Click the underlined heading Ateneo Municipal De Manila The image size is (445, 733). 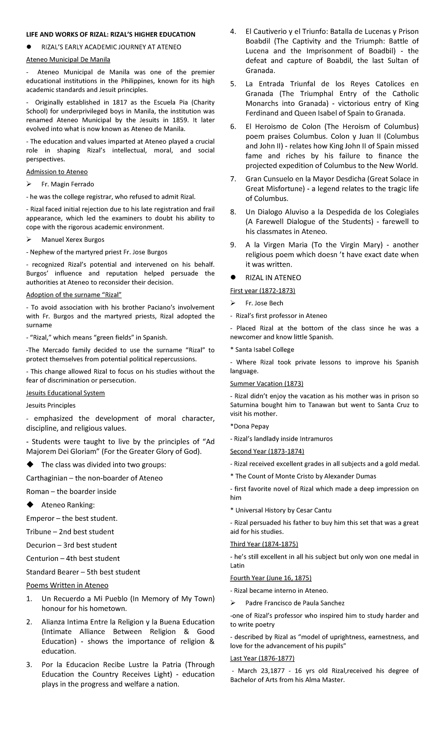[68, 59]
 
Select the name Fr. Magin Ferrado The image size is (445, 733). [67, 184]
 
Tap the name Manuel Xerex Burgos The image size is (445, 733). [73, 240]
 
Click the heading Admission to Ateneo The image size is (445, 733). [57, 172]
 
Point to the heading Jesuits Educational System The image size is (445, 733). [65, 393]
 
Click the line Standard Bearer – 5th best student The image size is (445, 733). [83, 572]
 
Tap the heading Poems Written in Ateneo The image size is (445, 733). [67, 585]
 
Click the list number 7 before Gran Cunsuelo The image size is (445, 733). [233, 179]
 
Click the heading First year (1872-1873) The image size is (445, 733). [263, 291]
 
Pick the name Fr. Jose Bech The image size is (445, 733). [264, 303]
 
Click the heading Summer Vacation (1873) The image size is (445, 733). [267, 384]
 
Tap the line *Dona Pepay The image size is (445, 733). [250, 426]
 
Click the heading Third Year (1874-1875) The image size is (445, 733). [264, 544]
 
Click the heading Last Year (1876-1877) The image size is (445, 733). [262, 658]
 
